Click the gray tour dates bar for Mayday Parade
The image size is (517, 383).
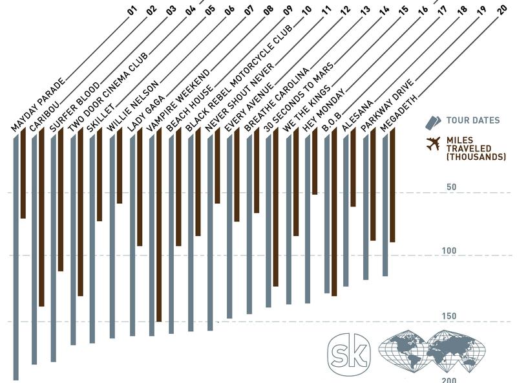point(16,259)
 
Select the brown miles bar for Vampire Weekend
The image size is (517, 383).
point(159,226)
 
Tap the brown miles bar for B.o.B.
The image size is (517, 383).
point(334,213)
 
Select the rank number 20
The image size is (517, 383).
point(502,9)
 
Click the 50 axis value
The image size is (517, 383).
point(451,187)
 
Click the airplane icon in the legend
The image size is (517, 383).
point(433,144)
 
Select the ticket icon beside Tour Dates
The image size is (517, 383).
point(433,120)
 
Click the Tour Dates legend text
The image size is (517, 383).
point(473,120)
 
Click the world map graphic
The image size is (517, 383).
point(432,353)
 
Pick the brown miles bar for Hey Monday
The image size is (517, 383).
point(315,162)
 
